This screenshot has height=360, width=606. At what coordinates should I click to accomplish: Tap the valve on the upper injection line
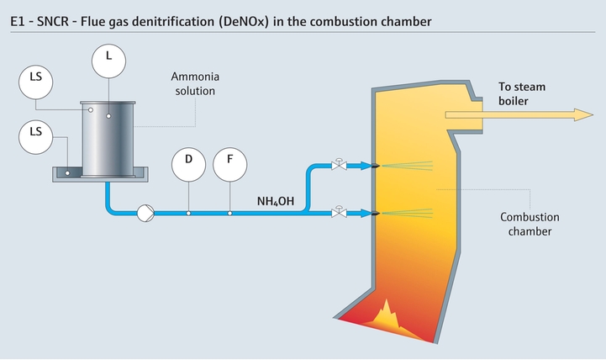(339, 164)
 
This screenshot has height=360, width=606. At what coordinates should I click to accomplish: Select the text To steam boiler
(524, 93)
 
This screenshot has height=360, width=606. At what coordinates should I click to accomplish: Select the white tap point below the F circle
(230, 214)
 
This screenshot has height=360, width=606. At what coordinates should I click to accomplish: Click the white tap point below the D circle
(188, 214)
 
